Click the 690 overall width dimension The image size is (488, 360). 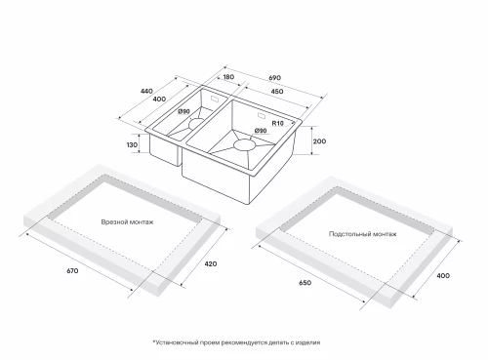pos(274,78)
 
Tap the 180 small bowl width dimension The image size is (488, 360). pos(228,77)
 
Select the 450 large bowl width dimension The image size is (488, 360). pos(277,92)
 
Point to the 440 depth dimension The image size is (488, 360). pos(146,91)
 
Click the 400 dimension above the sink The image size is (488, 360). pos(159,99)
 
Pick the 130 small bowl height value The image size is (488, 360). pos(132,144)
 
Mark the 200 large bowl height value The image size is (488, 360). pos(319,141)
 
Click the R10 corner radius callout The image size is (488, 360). pos(278,123)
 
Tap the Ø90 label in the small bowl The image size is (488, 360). pos(183,112)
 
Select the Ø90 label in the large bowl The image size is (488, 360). pos(261,131)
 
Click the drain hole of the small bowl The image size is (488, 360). pos(196,124)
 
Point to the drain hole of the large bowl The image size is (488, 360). pos(245,145)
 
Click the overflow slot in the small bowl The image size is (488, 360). pos(216,99)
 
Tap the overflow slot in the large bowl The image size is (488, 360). pos(263,115)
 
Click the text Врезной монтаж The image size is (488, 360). pos(127,222)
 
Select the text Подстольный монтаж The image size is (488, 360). pos(363,234)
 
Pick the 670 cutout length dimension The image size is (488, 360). pos(72,270)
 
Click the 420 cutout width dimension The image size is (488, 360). pos(211,263)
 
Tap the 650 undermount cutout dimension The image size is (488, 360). pos(305,283)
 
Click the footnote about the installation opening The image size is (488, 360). pos(236,342)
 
